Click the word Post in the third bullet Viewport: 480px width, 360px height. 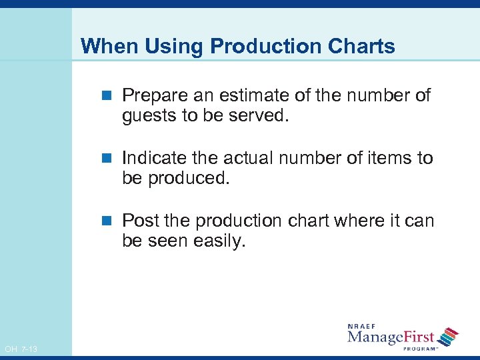(139, 221)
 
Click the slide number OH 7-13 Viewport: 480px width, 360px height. (21, 349)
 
